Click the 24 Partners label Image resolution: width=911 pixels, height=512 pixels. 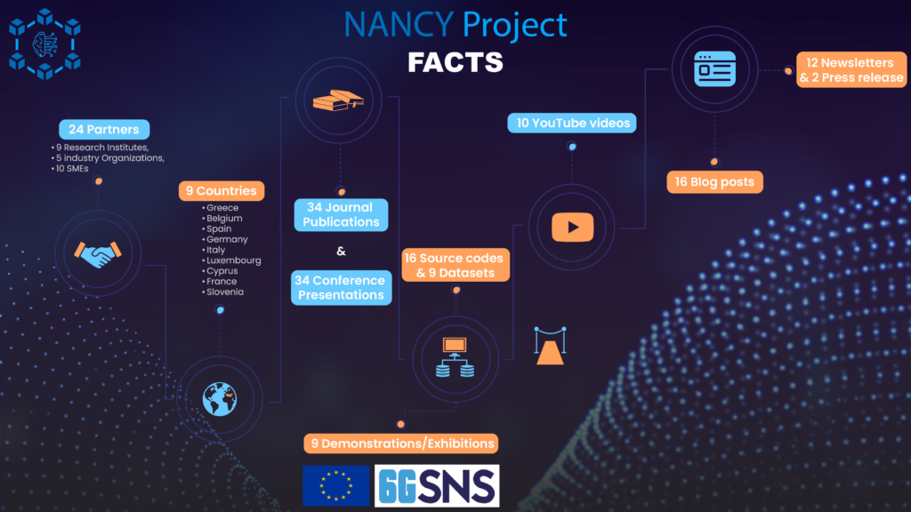pyautogui.click(x=104, y=130)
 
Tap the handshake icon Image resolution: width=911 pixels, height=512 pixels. pyautogui.click(x=98, y=254)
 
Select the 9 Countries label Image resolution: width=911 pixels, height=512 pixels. pyautogui.click(x=222, y=191)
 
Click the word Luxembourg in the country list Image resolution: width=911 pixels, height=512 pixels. pyautogui.click(x=234, y=260)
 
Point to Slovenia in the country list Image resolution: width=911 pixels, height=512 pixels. pyautogui.click(x=225, y=292)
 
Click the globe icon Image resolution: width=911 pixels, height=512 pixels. pyautogui.click(x=220, y=399)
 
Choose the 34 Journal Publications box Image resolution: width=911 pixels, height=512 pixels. pyautogui.click(x=341, y=215)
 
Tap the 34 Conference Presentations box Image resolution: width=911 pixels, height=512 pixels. pyautogui.click(x=341, y=287)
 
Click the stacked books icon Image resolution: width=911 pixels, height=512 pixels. pyautogui.click(x=338, y=100)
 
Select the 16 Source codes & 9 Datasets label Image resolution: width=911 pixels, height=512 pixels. pyautogui.click(x=455, y=265)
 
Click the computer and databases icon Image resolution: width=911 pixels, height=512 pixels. pyautogui.click(x=455, y=357)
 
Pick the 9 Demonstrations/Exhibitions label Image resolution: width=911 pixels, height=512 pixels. pyautogui.click(x=401, y=444)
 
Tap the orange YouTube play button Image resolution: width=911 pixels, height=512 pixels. pyautogui.click(x=572, y=227)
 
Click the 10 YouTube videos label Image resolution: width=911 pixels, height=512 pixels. pyautogui.click(x=572, y=123)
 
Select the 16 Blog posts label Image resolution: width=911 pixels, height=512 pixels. pyautogui.click(x=714, y=181)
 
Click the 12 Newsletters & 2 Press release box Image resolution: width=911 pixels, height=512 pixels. pyautogui.click(x=851, y=69)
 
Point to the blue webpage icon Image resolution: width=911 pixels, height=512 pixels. pyautogui.click(x=714, y=69)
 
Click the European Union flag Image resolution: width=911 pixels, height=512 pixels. pyautogui.click(x=335, y=486)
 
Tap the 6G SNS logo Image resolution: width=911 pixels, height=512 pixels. pyautogui.click(x=437, y=486)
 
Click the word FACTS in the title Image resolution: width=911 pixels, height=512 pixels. pyautogui.click(x=455, y=62)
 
